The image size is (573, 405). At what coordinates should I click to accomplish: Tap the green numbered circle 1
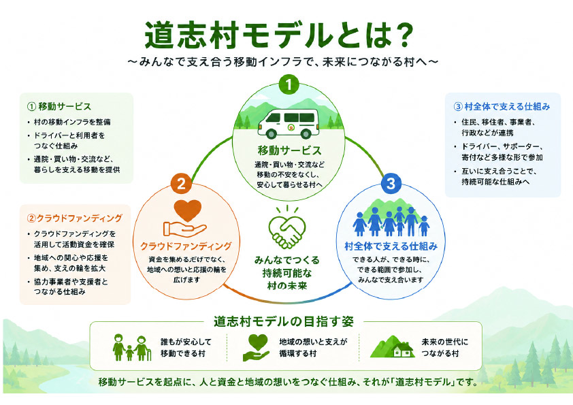coord(289,85)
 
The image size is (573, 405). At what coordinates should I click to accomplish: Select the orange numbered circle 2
coord(181,184)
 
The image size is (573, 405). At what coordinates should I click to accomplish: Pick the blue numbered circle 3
coord(391,184)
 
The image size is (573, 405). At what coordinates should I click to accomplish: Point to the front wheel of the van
coord(271,133)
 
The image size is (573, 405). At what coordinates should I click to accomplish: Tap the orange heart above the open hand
coord(187,210)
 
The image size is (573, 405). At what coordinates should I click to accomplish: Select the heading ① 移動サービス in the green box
coord(59,106)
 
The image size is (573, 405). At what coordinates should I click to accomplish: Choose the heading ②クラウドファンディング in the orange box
coord(75,218)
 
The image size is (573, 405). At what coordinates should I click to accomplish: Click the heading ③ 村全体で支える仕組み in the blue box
coord(502,107)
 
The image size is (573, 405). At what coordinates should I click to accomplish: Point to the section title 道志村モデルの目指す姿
coord(284,322)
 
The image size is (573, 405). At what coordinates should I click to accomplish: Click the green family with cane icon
coord(132,347)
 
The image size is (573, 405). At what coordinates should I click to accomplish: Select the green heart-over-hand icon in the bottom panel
coord(257,348)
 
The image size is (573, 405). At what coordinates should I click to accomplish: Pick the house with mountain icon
coord(392,346)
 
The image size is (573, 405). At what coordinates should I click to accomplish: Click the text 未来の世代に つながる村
coord(444,348)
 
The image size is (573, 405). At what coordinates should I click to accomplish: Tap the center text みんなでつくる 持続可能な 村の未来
coord(287,273)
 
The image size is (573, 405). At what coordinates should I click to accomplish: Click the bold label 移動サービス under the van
coord(289,150)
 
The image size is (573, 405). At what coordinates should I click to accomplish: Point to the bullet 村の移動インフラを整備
coord(72,122)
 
